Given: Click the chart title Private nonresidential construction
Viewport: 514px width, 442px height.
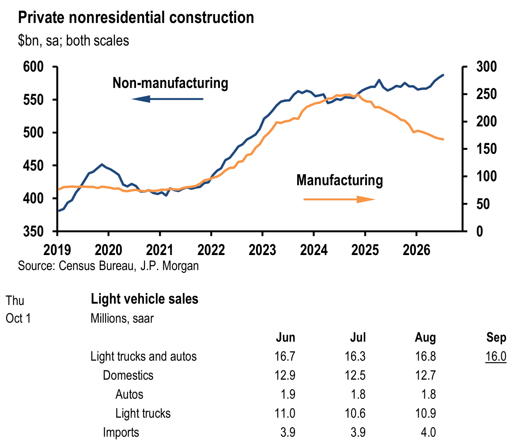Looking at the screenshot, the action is [x=136, y=18].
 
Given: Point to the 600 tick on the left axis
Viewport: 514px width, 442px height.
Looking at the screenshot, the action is [x=33, y=67].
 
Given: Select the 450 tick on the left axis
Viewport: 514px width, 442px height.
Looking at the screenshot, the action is [x=33, y=166].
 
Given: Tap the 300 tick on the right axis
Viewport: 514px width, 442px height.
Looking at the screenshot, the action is [x=487, y=67].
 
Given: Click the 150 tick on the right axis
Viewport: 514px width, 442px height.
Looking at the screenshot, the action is [x=487, y=149].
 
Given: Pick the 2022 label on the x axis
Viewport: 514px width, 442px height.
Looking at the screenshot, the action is [x=211, y=250].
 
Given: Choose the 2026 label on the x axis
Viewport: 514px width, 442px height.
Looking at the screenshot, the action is [x=416, y=250].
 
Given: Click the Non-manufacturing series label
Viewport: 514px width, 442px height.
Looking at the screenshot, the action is [x=170, y=83].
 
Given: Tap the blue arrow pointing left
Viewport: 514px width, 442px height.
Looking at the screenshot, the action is [x=167, y=99].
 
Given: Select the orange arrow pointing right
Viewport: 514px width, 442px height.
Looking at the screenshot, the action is [x=339, y=199].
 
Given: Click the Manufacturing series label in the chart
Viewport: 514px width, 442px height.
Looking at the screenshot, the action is [x=340, y=180].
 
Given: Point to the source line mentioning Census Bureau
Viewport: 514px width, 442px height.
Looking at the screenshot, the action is [x=108, y=266].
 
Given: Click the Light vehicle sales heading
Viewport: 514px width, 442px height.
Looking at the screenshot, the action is [x=144, y=299].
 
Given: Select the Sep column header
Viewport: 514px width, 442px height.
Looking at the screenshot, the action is [x=496, y=338].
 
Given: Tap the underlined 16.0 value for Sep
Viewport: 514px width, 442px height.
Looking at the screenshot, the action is [x=496, y=356].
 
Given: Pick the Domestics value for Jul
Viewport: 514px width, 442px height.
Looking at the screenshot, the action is [x=355, y=375].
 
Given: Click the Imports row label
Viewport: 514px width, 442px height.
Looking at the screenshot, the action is [x=121, y=432].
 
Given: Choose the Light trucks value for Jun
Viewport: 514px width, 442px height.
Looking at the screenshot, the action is [x=285, y=413].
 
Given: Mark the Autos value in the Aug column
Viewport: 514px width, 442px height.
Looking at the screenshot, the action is [x=428, y=394].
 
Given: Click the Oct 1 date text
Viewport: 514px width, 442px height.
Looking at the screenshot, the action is [x=19, y=318].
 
